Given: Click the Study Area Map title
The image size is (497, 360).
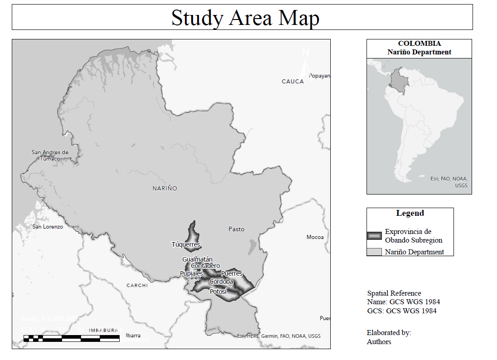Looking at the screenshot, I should (x=245, y=18).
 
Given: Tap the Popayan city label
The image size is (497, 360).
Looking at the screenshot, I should (x=320, y=76).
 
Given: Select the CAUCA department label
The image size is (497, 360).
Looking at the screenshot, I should (x=293, y=82).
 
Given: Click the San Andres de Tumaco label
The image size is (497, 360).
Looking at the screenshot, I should (x=50, y=155).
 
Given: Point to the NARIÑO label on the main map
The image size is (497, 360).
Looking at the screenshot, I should (x=165, y=188).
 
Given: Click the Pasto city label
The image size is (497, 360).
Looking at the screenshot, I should (x=236, y=229).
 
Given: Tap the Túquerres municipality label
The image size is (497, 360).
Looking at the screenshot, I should (x=186, y=244).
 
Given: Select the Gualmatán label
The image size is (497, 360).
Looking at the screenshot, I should (x=197, y=259).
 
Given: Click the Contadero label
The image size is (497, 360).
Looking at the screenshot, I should (x=205, y=266).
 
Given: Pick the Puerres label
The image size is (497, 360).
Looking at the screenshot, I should (x=232, y=273).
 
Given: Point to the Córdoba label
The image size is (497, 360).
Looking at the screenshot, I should (x=221, y=282).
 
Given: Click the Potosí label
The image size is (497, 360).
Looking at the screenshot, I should (x=218, y=292).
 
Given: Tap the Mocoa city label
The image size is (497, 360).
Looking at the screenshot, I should (x=315, y=237).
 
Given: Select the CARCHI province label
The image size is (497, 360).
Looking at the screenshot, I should (x=137, y=285).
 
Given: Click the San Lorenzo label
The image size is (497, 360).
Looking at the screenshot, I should (x=48, y=226).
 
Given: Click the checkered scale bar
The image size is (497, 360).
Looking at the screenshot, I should (x=72, y=338).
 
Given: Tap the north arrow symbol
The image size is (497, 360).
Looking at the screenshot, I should (x=305, y=63).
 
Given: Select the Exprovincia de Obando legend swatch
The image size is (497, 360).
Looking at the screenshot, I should (x=374, y=236).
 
